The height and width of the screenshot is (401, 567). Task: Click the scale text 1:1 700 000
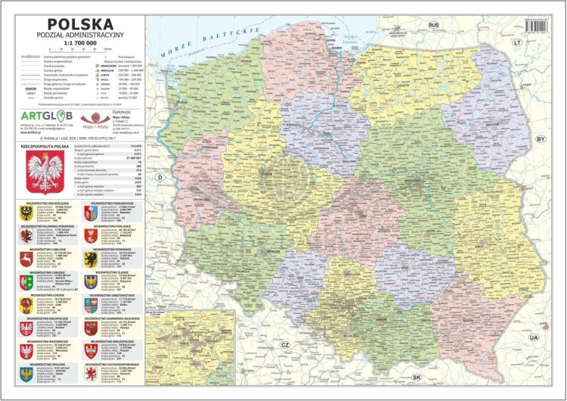(74, 44)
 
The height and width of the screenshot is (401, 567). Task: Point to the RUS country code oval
(434, 25)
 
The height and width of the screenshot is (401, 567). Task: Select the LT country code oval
(518, 43)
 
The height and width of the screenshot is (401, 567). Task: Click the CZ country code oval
(285, 344)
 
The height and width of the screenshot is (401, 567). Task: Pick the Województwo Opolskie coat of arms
(26, 374)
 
